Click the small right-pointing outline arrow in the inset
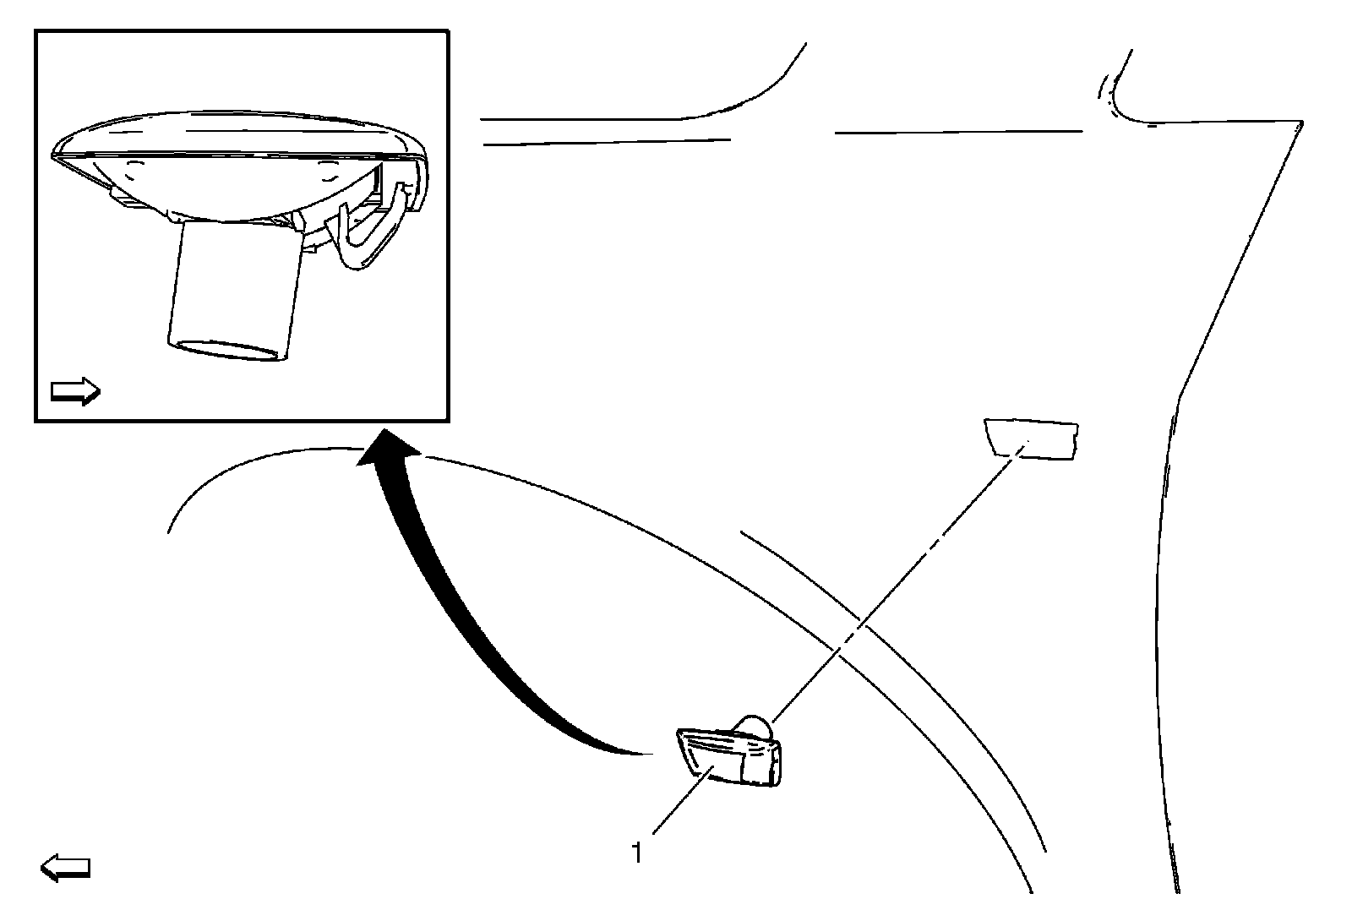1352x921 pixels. pos(75,390)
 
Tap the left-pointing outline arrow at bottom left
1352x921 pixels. pos(65,868)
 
